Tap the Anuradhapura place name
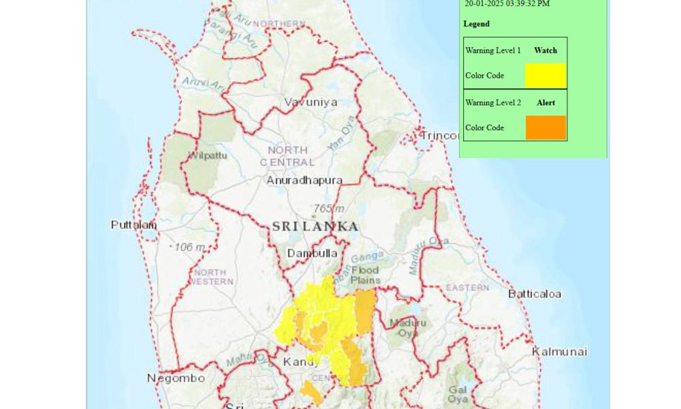304,181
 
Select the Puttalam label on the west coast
134,224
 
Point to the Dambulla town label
313,253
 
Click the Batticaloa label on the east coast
535,294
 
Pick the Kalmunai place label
559,351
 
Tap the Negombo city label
176,378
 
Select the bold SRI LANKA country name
315,226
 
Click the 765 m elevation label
329,208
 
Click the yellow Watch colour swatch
545,76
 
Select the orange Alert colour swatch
545,127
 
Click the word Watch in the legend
545,50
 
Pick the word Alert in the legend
545,103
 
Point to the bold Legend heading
477,24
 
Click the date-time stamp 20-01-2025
507,3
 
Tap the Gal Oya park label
458,394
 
